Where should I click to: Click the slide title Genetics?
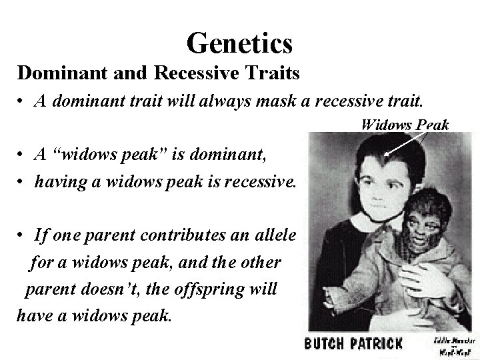tap(239, 43)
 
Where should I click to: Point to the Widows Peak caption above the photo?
tap(404, 124)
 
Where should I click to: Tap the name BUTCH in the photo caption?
tap(327, 344)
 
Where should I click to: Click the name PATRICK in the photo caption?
tap(378, 344)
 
